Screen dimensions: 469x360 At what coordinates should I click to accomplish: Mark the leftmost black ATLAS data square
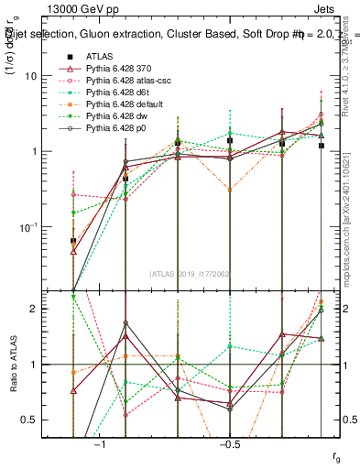point(73,241)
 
